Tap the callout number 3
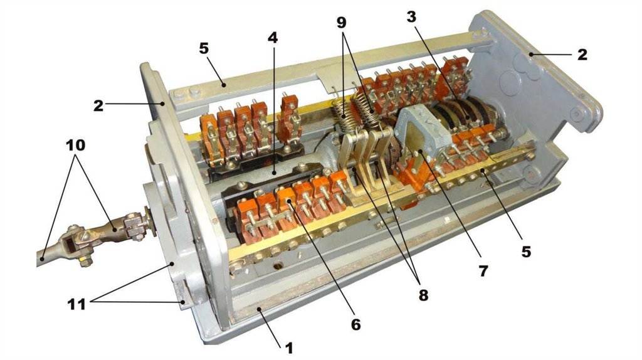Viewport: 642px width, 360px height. pyautogui.click(x=411, y=16)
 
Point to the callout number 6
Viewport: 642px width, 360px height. pyautogui.click(x=355, y=324)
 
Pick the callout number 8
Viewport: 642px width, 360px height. pyautogui.click(x=423, y=294)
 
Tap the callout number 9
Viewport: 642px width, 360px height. pyautogui.click(x=342, y=22)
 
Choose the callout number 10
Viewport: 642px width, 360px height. pyautogui.click(x=76, y=145)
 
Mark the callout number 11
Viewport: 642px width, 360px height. pyautogui.click(x=76, y=304)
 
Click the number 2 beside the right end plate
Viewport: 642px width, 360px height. pyautogui.click(x=582, y=54)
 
